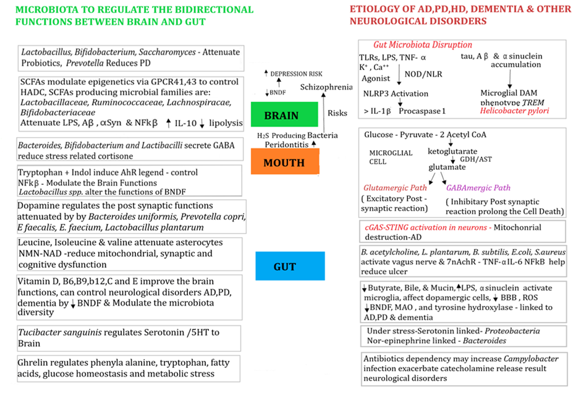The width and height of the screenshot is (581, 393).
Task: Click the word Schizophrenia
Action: pyautogui.click(x=326, y=87)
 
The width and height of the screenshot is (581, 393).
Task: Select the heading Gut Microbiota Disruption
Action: pyautogui.click(x=423, y=45)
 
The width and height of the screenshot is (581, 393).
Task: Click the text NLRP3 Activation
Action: pyautogui.click(x=396, y=94)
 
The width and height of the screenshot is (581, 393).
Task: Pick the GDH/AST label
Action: pyautogui.click(x=478, y=158)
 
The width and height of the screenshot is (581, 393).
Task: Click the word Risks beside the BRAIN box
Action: pyautogui.click(x=337, y=113)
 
